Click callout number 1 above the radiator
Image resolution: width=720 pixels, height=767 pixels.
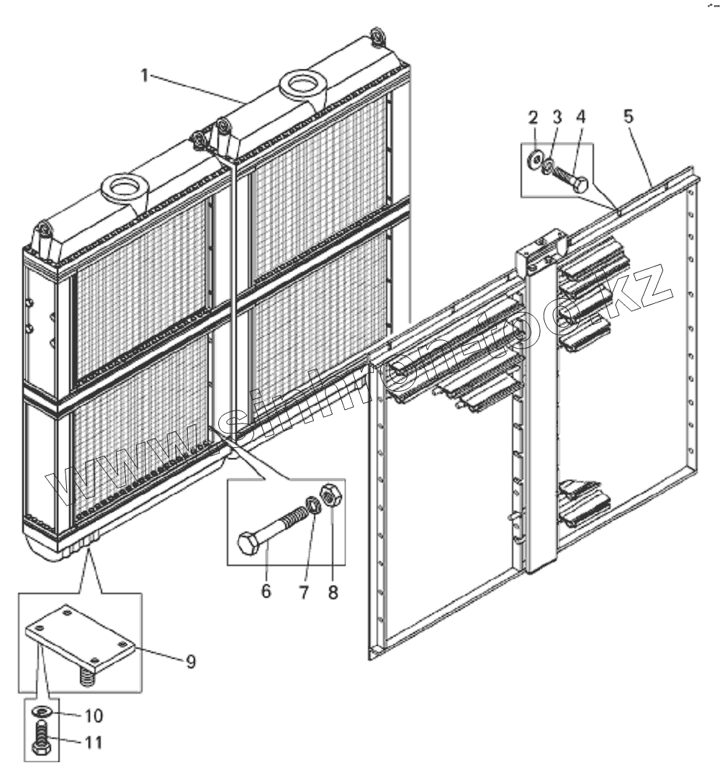click(145, 75)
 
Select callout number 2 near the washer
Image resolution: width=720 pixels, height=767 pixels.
click(533, 118)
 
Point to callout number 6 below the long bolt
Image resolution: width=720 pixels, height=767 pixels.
click(266, 592)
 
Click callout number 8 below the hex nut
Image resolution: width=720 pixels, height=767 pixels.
click(332, 592)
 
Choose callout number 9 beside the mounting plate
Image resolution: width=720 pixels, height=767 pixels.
click(191, 661)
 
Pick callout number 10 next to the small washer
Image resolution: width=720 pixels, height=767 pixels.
click(94, 716)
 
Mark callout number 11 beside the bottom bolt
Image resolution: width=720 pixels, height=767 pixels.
click(94, 741)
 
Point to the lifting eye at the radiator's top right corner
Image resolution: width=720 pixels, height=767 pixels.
click(377, 36)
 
